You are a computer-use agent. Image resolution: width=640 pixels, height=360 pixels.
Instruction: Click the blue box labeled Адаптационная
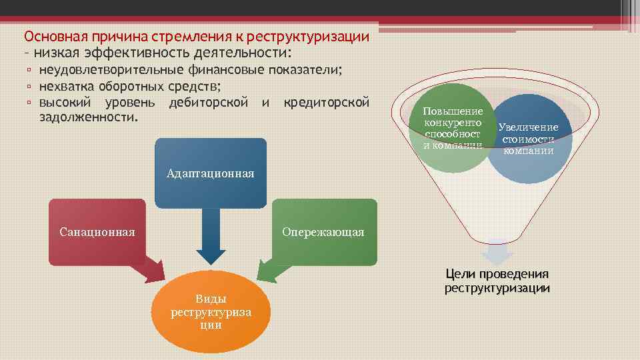(210, 173)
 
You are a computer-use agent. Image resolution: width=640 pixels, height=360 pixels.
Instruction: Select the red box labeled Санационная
(97, 231)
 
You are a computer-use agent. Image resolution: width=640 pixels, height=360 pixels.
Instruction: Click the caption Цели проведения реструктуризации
(497, 281)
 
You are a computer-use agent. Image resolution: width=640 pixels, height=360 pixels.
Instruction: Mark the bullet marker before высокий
(29, 103)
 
